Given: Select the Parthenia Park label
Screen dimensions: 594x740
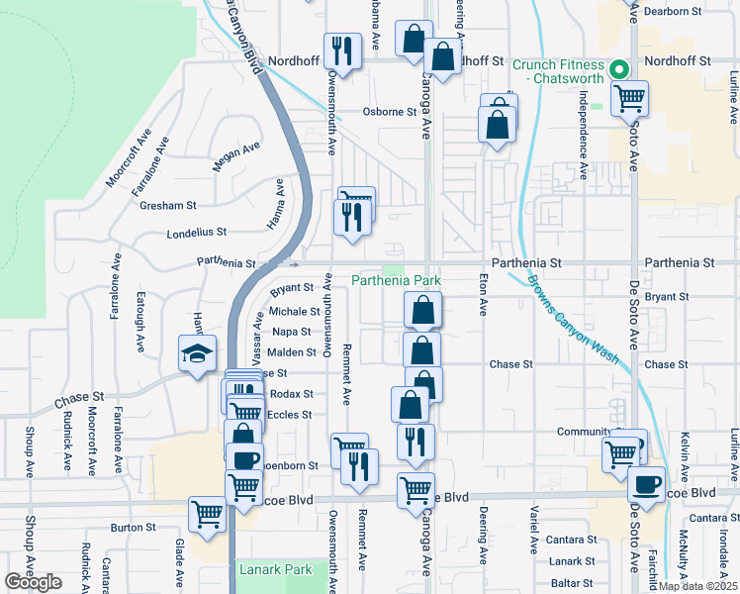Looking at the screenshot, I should pyautogui.click(x=396, y=281).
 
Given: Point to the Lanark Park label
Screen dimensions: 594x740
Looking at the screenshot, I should pyautogui.click(x=276, y=569).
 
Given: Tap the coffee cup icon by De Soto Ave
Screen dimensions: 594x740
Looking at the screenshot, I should pyautogui.click(x=647, y=486).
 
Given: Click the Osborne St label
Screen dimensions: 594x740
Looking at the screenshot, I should pyautogui.click(x=389, y=112).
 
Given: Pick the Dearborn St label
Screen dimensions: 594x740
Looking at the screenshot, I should pyautogui.click(x=698, y=11).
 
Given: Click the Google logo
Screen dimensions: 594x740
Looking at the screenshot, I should pyautogui.click(x=33, y=582).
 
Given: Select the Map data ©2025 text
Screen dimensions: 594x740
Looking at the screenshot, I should pyautogui.click(x=697, y=586).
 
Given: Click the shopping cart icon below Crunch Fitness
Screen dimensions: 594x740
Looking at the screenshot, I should pyautogui.click(x=629, y=99).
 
